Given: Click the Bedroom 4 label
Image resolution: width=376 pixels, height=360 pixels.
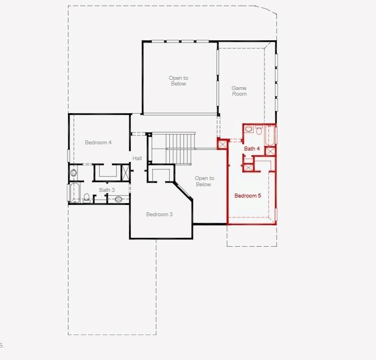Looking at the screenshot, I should (98, 143).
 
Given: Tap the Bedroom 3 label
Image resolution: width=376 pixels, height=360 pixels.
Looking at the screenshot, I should (159, 214).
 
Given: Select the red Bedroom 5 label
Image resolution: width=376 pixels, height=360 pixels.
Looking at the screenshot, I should (247, 196).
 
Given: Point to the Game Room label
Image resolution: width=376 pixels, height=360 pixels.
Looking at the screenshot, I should (239, 91).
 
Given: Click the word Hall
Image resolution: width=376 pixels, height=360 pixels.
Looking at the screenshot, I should (137, 158).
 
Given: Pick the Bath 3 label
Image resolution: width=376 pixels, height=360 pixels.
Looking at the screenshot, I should (107, 190).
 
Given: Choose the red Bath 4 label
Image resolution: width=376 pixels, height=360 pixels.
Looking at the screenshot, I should (252, 148).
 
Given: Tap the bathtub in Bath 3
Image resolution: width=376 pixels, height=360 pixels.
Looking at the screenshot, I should (74, 192).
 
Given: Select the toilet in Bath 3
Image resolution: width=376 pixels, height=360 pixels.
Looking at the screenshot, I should (87, 198).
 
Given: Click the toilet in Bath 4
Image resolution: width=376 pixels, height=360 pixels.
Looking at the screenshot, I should (258, 131).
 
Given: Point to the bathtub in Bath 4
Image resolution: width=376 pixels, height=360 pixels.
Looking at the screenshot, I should (270, 136).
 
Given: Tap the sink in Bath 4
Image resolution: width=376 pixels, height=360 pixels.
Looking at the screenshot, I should (248, 129).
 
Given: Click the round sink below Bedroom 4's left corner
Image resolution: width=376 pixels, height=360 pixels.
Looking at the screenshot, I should (73, 172).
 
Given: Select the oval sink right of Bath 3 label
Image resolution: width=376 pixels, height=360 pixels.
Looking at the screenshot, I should (119, 199).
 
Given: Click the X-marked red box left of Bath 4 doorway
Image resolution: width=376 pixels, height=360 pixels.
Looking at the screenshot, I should (223, 144).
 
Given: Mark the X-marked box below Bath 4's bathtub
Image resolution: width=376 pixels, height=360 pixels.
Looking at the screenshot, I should (270, 151).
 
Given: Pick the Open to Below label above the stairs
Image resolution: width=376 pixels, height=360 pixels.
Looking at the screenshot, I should (178, 80).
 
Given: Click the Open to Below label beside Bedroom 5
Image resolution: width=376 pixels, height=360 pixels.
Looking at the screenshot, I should (203, 181).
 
